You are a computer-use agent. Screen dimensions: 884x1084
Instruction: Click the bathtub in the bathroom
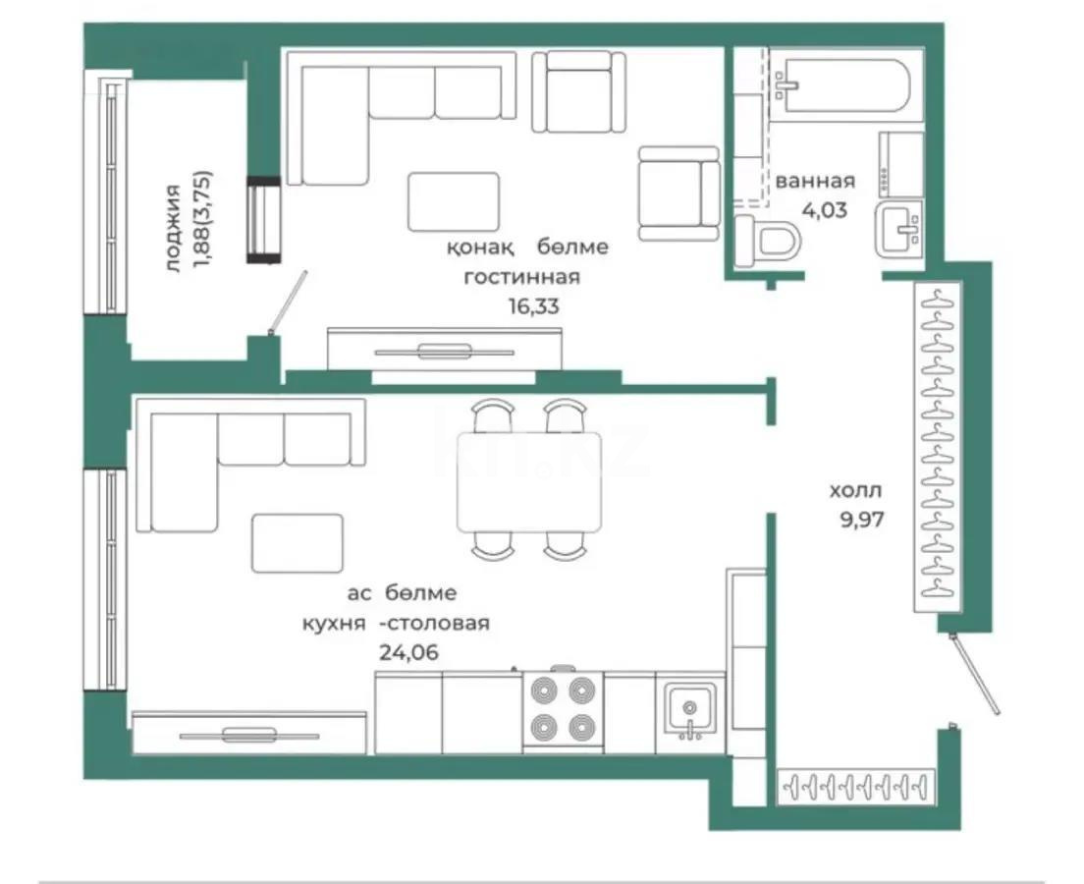coord(845,89)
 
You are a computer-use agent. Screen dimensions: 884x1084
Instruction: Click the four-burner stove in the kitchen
coord(563,711)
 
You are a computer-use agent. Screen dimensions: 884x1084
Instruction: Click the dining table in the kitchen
coord(529,481)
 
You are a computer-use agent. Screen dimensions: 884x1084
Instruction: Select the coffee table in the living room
coord(453,201)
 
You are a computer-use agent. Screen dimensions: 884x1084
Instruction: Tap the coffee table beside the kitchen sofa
coord(298,543)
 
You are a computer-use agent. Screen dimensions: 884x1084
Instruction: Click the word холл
coord(855,489)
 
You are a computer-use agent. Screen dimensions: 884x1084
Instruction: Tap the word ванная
coord(815,181)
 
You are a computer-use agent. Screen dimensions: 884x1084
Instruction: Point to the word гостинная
coord(521,277)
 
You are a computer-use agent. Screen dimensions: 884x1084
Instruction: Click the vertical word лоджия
coord(174,227)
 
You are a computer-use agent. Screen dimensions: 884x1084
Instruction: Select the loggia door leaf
coord(289,303)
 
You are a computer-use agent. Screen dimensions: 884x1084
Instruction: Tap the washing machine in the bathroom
coord(899,164)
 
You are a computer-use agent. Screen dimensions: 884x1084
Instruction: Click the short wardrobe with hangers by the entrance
coord(855,788)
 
